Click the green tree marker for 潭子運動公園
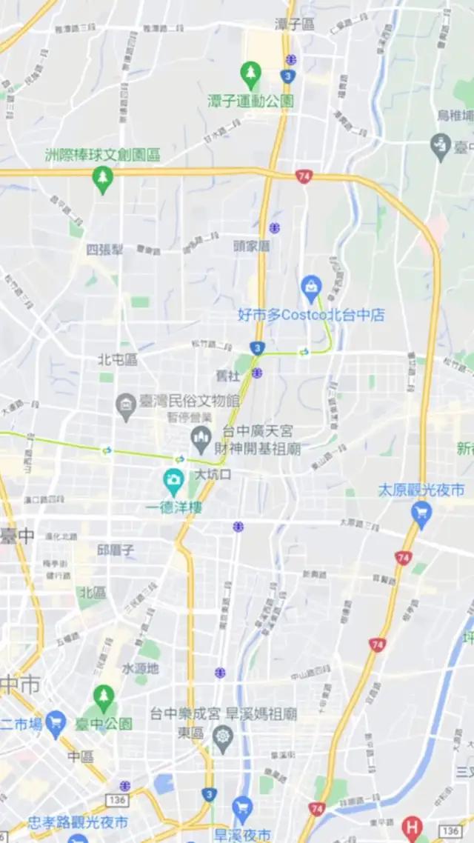pyautogui.click(x=250, y=73)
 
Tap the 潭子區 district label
pyautogui.click(x=294, y=24)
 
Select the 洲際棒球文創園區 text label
pyautogui.click(x=102, y=155)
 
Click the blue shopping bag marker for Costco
pyautogui.click(x=310, y=285)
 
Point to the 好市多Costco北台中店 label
pyautogui.click(x=311, y=315)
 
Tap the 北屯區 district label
pyautogui.click(x=118, y=360)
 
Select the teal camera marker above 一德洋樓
pyautogui.click(x=174, y=482)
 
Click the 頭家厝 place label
pyautogui.click(x=251, y=245)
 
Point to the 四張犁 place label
pyautogui.click(x=104, y=250)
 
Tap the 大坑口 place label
pyautogui.click(x=214, y=475)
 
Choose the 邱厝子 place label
pyautogui.click(x=116, y=550)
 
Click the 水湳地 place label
pyautogui.click(x=140, y=668)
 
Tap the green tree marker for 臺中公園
pyautogui.click(x=103, y=697)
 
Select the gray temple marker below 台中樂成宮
pyautogui.click(x=222, y=736)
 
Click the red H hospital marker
pyautogui.click(x=412, y=827)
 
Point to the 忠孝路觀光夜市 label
pyautogui.click(x=78, y=822)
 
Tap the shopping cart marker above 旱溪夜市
pyautogui.click(x=242, y=808)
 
